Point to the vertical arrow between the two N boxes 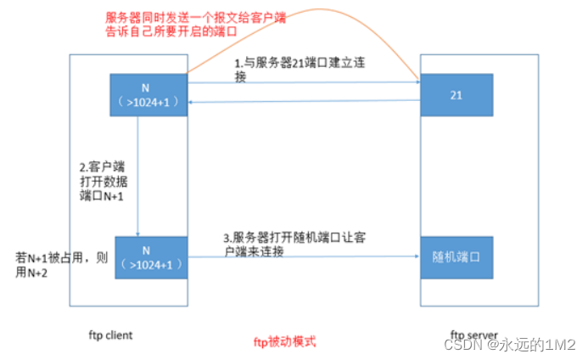click(x=138, y=178)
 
